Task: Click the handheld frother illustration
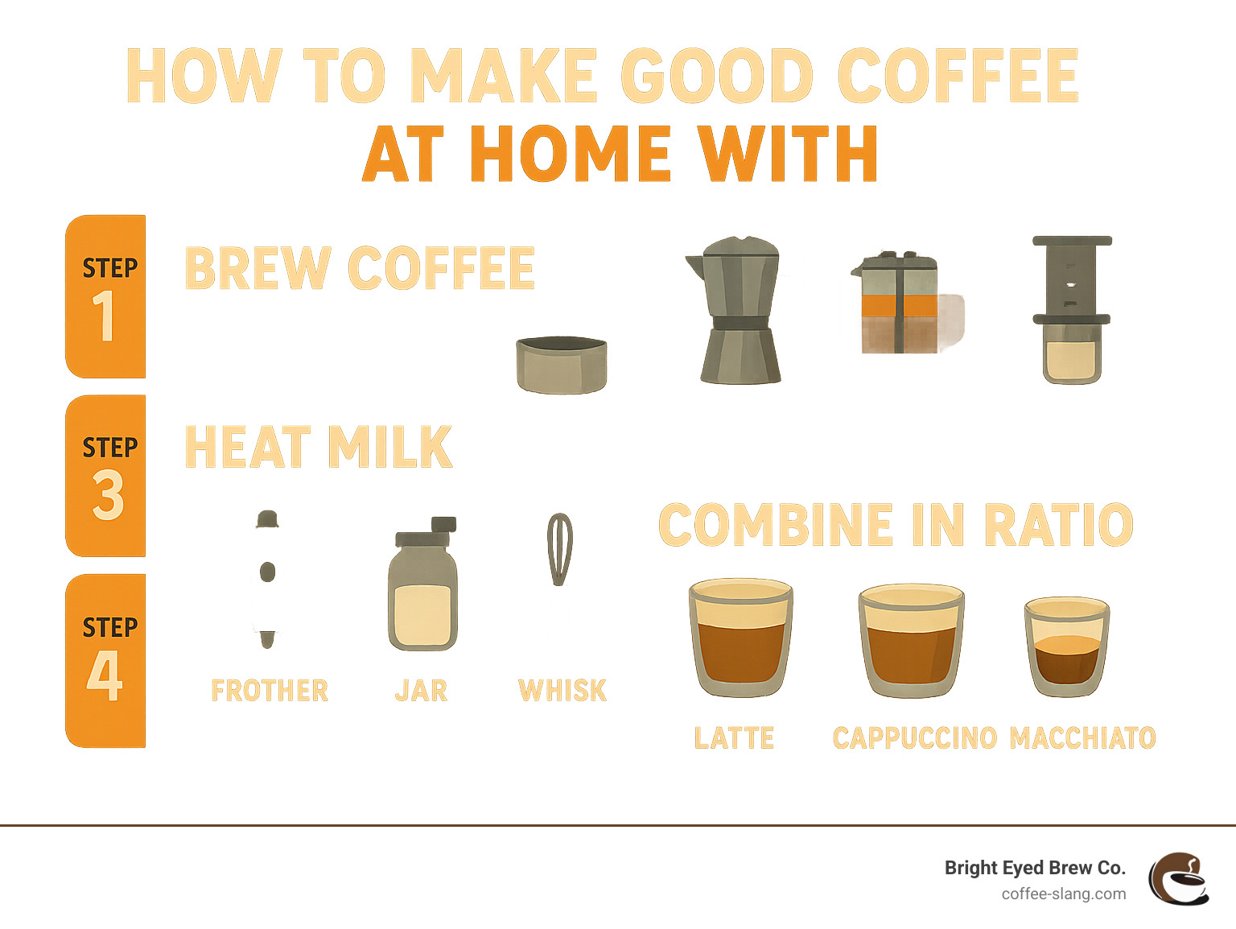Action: pos(267,579)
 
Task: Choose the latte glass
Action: pos(740,637)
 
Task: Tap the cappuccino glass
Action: pos(911,640)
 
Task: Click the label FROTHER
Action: pos(270,691)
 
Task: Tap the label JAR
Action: pos(421,691)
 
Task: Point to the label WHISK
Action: pos(562,691)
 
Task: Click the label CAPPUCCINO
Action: pos(914,737)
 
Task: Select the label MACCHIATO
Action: pos(1082,737)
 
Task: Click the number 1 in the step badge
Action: pos(104,316)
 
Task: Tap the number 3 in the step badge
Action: pos(107,495)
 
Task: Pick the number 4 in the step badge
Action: pos(105,676)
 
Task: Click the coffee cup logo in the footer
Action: pos(1179,879)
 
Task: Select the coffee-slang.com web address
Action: pos(1063,894)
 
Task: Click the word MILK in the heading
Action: pos(390,447)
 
